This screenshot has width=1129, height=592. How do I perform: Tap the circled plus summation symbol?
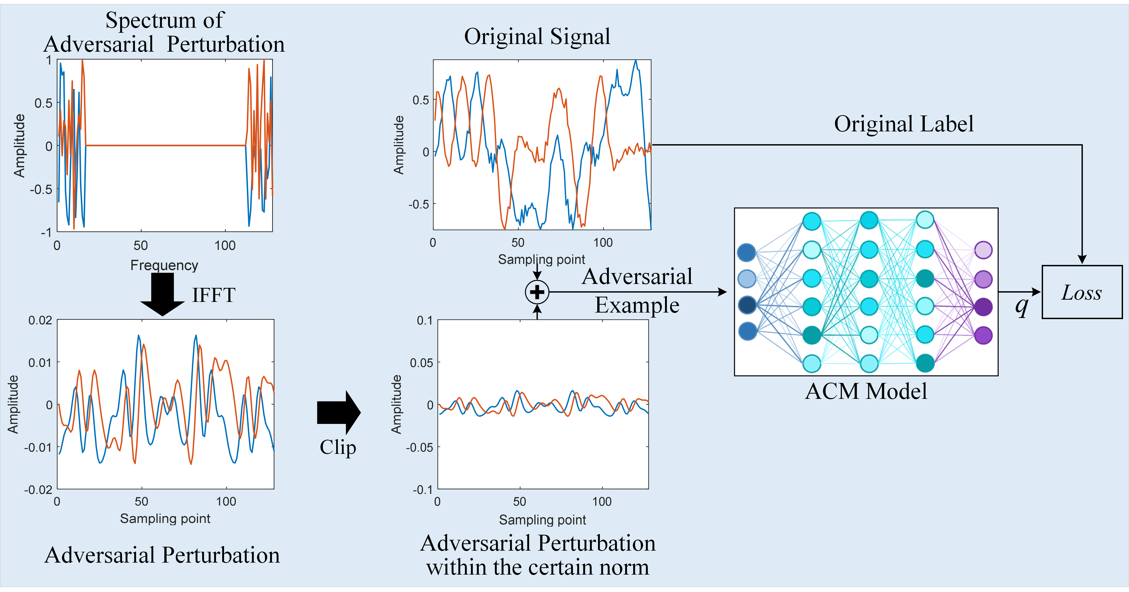tap(537, 292)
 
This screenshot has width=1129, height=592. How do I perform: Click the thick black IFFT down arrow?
tap(163, 294)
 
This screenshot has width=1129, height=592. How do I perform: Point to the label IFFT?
tap(214, 295)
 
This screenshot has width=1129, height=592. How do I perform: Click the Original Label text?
tap(904, 124)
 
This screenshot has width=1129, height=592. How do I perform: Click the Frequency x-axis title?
tap(164, 265)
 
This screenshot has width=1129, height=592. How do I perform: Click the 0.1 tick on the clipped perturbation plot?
tap(424, 320)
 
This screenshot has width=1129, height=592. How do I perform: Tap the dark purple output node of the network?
tap(983, 307)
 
